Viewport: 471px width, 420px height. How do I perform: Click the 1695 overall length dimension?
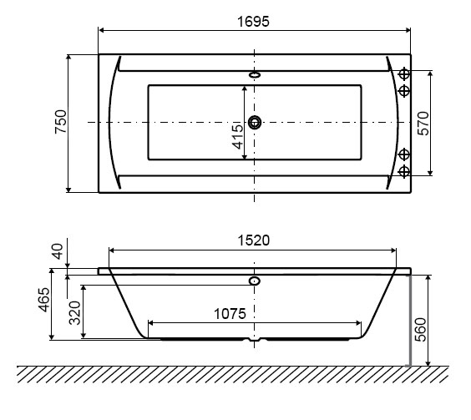point(253,22)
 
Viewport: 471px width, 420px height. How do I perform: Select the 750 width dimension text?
point(61,121)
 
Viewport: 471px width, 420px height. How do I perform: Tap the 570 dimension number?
point(423,124)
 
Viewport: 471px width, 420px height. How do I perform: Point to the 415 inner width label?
point(238,137)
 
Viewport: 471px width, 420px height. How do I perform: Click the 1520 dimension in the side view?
point(254,240)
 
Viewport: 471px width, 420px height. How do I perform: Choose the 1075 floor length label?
point(230,314)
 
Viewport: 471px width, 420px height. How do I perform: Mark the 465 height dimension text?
point(44,300)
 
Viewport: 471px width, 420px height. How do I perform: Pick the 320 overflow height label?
point(75,313)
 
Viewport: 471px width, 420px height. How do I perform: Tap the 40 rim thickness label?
point(58,251)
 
